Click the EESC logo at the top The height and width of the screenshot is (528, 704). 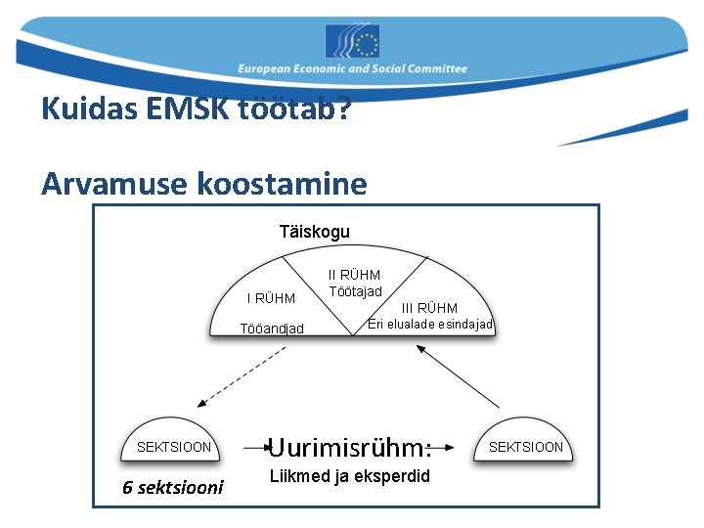pos(352,41)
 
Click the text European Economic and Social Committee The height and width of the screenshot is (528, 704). pos(352,69)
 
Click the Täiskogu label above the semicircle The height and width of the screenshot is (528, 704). pos(314,232)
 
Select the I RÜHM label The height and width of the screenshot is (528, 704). pos(271,298)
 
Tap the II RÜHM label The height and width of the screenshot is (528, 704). pos(354,275)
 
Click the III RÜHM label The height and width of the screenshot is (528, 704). pos(429,308)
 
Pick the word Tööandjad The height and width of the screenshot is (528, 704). pos(272,329)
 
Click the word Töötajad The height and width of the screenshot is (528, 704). pos(355,291)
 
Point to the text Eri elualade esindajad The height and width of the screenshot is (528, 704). pos(429,325)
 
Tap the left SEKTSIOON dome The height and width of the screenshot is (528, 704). pos(173,441)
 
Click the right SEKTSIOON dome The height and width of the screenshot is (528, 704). pos(525,441)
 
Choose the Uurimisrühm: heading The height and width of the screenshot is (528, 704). pos(349,448)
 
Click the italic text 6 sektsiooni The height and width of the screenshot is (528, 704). pos(173,487)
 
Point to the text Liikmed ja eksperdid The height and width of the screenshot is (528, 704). pos(349,477)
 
